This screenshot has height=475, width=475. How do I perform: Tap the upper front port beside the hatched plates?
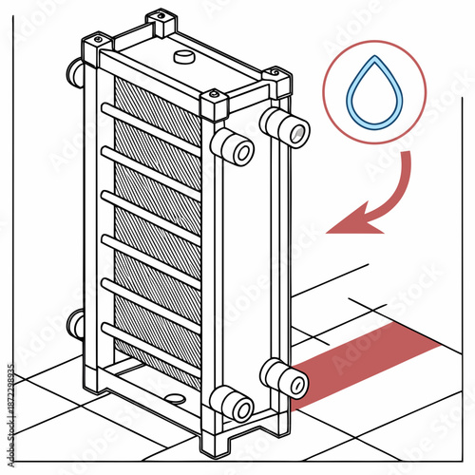point(232,148)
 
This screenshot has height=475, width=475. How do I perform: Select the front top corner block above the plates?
point(213,103)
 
